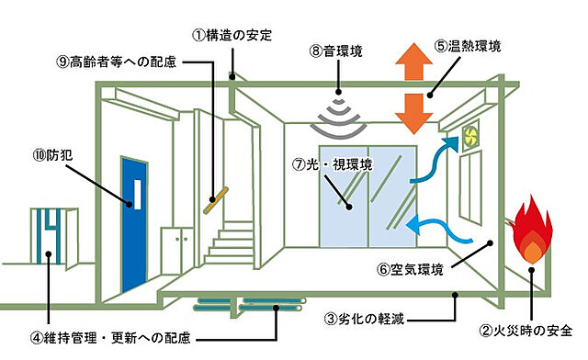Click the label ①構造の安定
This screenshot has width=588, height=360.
[232, 35]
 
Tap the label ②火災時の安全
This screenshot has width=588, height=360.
[526, 331]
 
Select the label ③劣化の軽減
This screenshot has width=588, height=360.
[365, 319]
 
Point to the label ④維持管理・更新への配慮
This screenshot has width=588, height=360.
[110, 338]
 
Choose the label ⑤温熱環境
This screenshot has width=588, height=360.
[468, 46]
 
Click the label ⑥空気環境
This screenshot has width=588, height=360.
[410, 269]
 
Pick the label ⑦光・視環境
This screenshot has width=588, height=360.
[333, 164]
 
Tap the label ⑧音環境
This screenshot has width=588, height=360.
[336, 51]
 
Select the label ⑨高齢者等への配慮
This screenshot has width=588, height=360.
[117, 62]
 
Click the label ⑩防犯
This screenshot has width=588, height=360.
[53, 155]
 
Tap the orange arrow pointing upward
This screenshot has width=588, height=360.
[414, 62]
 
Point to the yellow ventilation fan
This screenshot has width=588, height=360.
[469, 135]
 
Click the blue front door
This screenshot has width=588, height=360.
[134, 224]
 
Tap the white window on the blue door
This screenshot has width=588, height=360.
[138, 195]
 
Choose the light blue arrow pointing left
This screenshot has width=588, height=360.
[439, 230]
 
